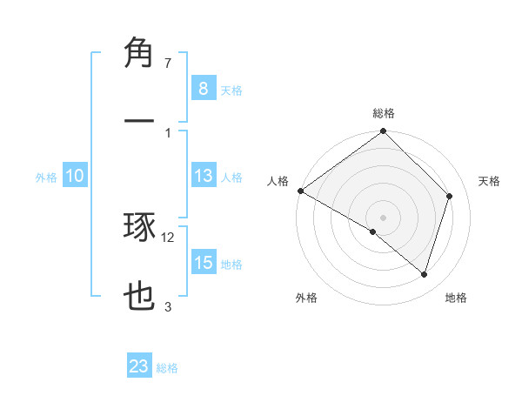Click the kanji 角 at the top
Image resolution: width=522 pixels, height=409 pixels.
140,54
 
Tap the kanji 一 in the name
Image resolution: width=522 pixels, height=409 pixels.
140,119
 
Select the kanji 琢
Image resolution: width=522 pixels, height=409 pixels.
140,228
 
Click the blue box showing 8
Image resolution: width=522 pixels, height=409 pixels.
203,88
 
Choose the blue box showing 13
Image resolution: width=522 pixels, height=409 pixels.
203,176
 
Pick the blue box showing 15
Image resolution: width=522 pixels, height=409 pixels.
203,263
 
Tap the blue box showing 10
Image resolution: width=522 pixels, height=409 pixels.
75,176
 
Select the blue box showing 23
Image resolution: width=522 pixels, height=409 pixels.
139,366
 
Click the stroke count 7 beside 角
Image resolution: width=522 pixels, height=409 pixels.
168,64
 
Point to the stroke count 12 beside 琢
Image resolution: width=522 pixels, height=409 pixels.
168,237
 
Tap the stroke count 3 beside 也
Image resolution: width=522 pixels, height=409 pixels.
168,306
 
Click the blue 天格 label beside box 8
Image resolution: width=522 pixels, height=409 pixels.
231,90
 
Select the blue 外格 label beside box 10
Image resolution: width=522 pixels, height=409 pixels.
46,177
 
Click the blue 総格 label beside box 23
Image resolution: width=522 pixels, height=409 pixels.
167,368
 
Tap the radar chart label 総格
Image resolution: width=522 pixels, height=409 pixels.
384,113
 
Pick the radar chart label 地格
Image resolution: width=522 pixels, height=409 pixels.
456,298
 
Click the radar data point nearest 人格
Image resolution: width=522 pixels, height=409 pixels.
300,191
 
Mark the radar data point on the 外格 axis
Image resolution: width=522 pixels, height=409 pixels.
372,231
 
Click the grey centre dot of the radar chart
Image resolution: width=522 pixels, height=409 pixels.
384,217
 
